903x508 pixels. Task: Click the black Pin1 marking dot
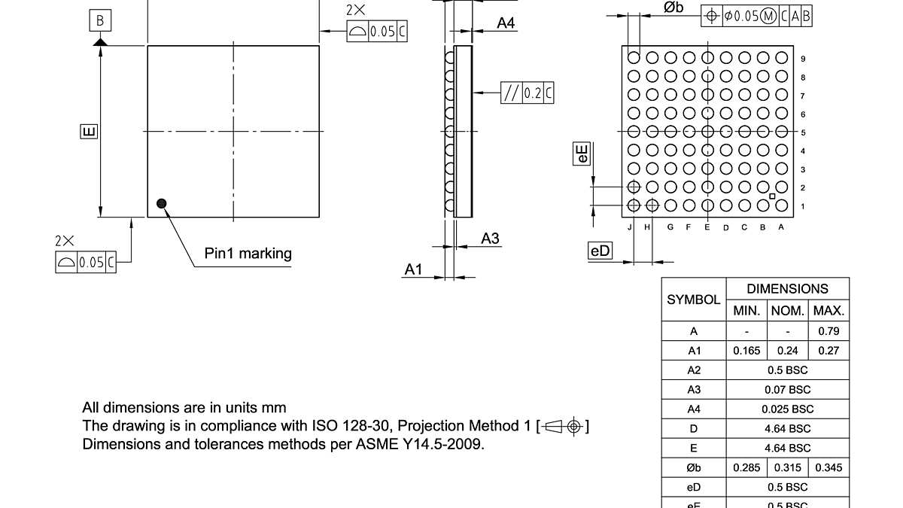[x=161, y=202]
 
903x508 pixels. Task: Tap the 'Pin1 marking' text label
[x=248, y=254]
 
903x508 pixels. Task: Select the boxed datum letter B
[x=100, y=21]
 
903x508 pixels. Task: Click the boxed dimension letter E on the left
[x=88, y=132]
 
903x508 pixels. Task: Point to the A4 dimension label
[x=506, y=23]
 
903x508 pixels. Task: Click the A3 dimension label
[x=490, y=239]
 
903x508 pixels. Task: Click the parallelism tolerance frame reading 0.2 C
[x=528, y=93]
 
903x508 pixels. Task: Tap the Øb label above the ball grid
[x=673, y=8]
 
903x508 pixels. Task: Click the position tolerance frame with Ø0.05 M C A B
[x=756, y=16]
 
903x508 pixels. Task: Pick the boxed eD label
[x=600, y=251]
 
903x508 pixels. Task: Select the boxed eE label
[x=582, y=155]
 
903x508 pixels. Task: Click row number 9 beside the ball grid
[x=803, y=59]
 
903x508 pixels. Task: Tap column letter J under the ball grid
[x=629, y=227]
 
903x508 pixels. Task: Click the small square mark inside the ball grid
[x=772, y=196]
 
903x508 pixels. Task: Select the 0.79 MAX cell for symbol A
[x=829, y=331]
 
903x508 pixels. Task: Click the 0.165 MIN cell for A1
[x=746, y=351]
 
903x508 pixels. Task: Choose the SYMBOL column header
[x=694, y=300]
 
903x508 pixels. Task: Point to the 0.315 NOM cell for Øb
[x=788, y=468]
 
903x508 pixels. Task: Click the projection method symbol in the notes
[x=564, y=427]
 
